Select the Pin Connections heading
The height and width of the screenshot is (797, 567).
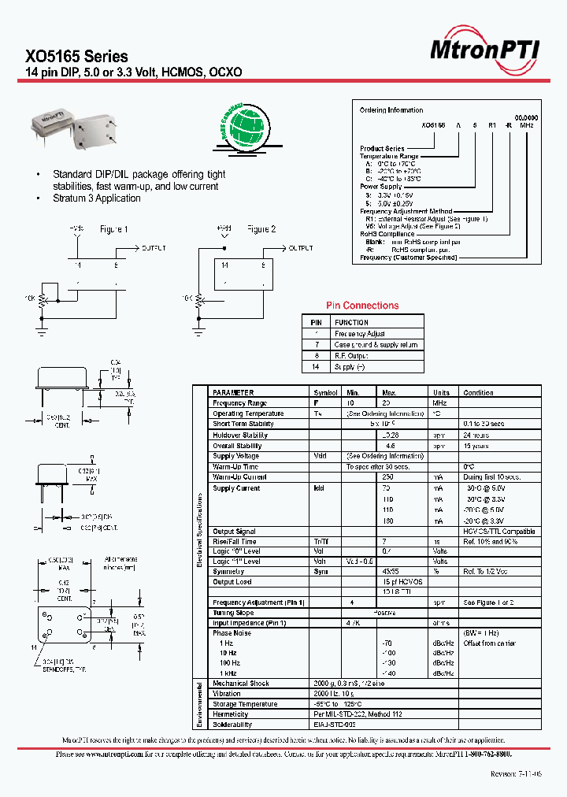click(362, 306)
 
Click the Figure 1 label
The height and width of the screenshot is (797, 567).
click(114, 229)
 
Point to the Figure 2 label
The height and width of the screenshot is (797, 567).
click(261, 229)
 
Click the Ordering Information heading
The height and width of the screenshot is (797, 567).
click(391, 110)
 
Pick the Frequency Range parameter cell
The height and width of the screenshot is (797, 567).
click(240, 403)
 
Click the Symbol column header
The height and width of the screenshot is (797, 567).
click(325, 392)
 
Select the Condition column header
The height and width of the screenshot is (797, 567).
click(478, 392)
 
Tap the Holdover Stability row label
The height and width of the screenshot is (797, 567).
click(240, 435)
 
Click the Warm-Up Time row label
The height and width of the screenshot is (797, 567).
click(235, 467)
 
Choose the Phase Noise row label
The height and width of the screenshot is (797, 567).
click(232, 633)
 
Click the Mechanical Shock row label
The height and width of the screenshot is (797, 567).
click(241, 684)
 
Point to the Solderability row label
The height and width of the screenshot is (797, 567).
click(232, 725)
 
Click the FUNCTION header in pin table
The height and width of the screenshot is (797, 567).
click(351, 322)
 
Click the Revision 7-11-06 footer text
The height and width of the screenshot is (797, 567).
click(516, 774)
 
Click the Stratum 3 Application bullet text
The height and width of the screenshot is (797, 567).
click(96, 198)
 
